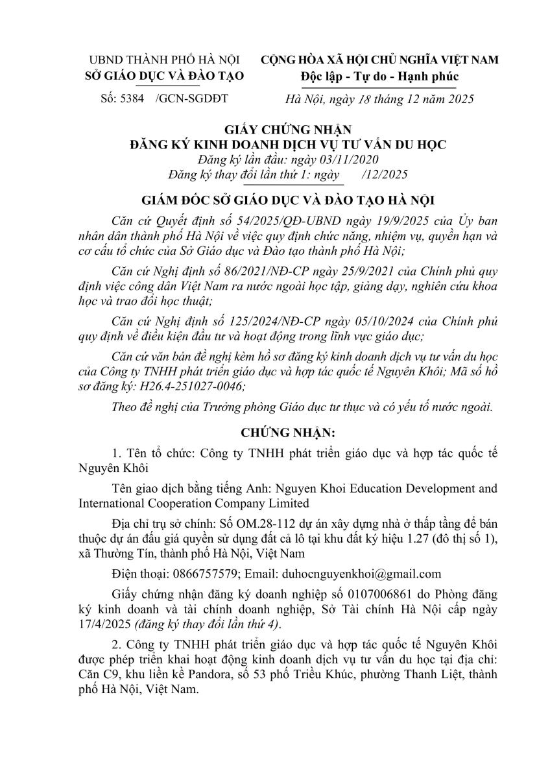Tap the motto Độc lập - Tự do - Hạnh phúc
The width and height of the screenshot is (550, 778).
[x=379, y=76]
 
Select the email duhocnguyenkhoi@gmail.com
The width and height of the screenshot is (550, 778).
[x=359, y=574]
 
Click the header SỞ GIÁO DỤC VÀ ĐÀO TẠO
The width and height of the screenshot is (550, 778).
[x=165, y=76]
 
